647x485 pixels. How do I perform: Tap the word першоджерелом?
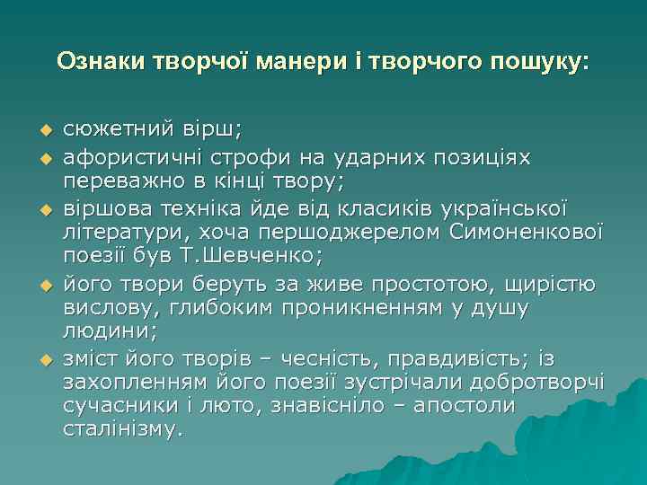tap(357, 232)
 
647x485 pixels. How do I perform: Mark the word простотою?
tap(408, 285)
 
